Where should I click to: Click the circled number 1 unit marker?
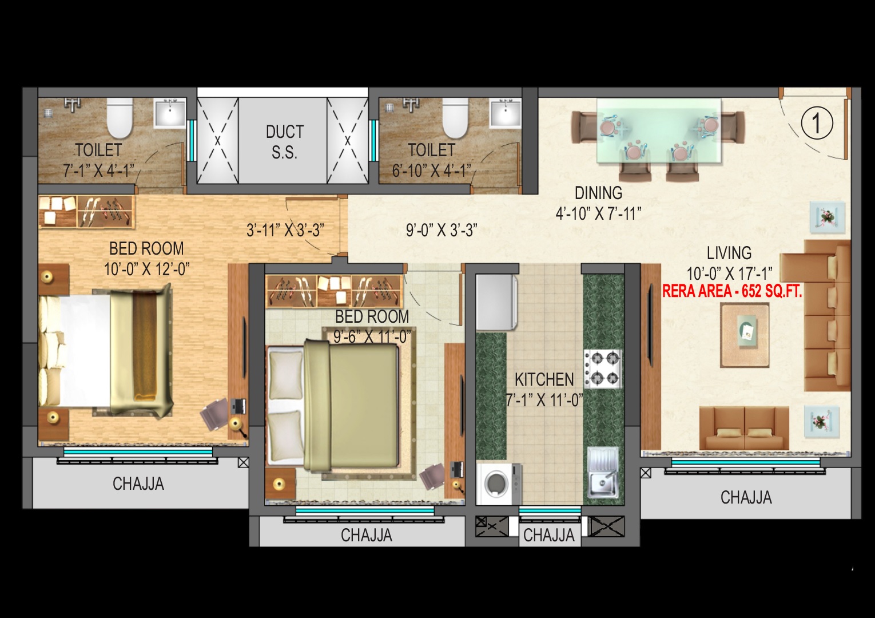point(817,122)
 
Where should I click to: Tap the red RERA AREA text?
point(732,292)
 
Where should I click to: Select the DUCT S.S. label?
point(285,142)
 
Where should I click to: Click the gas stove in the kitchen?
point(603,369)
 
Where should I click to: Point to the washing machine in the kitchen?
point(499,484)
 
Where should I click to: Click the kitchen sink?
point(603,473)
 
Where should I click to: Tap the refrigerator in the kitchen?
point(496,302)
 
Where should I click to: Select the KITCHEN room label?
point(544,379)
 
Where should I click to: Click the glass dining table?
point(659,130)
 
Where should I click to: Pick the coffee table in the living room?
point(745,335)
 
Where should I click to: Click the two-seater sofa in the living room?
point(743,428)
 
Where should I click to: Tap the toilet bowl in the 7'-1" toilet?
point(120,118)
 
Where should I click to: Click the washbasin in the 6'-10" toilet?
point(506,113)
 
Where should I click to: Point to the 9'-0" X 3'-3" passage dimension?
point(442,231)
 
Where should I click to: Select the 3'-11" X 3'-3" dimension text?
point(285,230)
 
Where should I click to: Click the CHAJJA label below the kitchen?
point(549,536)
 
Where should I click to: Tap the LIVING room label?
point(729,253)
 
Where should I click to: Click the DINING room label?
point(598,193)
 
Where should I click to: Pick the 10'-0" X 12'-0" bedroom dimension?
point(146,270)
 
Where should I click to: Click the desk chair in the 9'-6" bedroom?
point(432,477)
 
